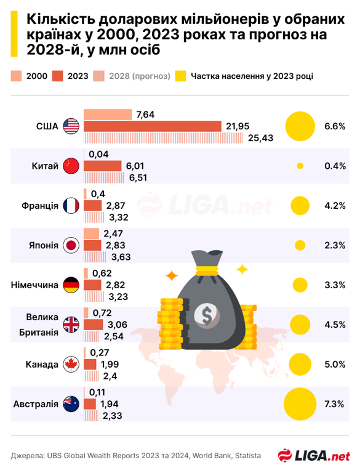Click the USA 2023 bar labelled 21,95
coord(152,126)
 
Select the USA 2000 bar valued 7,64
coord(107,115)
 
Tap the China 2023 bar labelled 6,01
coord(102,166)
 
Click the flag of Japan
coord(72,245)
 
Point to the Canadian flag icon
coord(72,365)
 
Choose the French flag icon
coord(72,206)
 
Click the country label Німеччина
coord(35,285)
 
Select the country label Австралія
coord(36,405)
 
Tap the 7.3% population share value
coord(334,404)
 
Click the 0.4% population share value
coord(334,166)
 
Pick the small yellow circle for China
coord(300,166)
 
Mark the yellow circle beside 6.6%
coord(300,126)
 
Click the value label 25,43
coord(260,138)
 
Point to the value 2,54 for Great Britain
coord(114,336)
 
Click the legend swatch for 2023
coord(58,76)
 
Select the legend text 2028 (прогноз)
coord(140,76)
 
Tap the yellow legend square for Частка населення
coord(181,76)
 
